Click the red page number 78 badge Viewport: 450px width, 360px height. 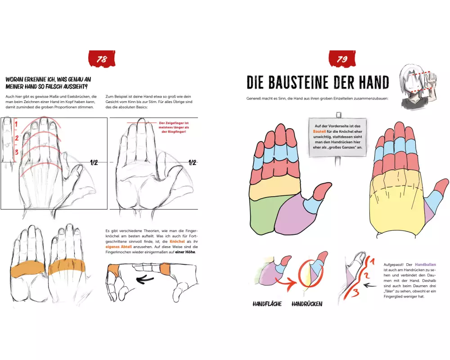(x=102, y=59)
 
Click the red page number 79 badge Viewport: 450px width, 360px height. (x=342, y=59)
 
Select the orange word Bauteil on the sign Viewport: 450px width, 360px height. (x=319, y=131)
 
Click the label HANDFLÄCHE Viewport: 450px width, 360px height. (x=267, y=304)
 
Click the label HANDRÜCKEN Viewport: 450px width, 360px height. (x=307, y=304)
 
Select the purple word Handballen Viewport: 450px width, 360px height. (x=425, y=265)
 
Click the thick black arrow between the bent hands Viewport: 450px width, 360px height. (x=145, y=279)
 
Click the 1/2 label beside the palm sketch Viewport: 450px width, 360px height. (x=192, y=163)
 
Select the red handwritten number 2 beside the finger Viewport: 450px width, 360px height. (x=17, y=138)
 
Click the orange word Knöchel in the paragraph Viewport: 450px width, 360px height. (x=177, y=242)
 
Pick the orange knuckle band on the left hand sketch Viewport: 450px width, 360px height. (x=27, y=268)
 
